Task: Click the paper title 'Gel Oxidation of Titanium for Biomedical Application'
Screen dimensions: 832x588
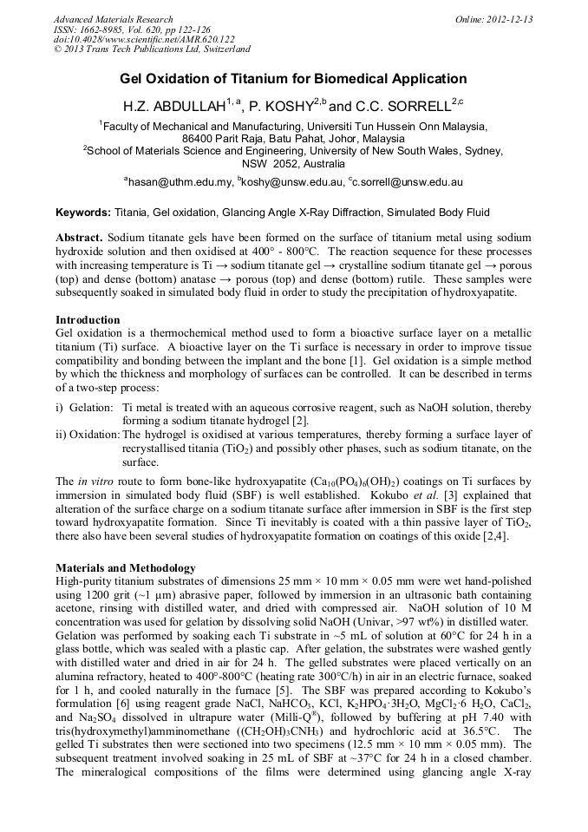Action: point(293,79)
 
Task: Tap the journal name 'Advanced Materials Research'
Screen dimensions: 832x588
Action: point(113,19)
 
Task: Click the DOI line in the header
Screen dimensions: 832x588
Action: point(144,40)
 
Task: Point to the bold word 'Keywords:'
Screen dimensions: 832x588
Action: point(83,213)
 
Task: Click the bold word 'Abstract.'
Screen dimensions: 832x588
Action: point(80,238)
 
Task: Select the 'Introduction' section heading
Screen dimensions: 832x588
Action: point(88,320)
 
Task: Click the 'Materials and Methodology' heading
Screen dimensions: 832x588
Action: point(125,567)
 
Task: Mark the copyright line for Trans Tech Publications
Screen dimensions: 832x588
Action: point(152,50)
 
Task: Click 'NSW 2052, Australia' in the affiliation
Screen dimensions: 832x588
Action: point(293,163)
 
